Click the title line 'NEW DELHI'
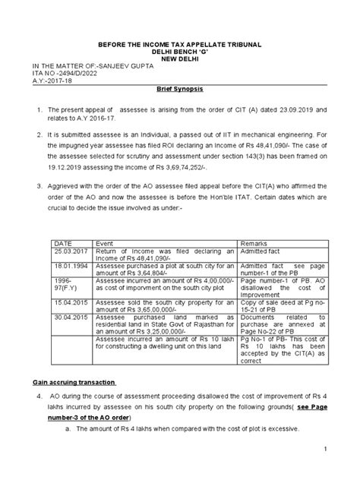(181, 54)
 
